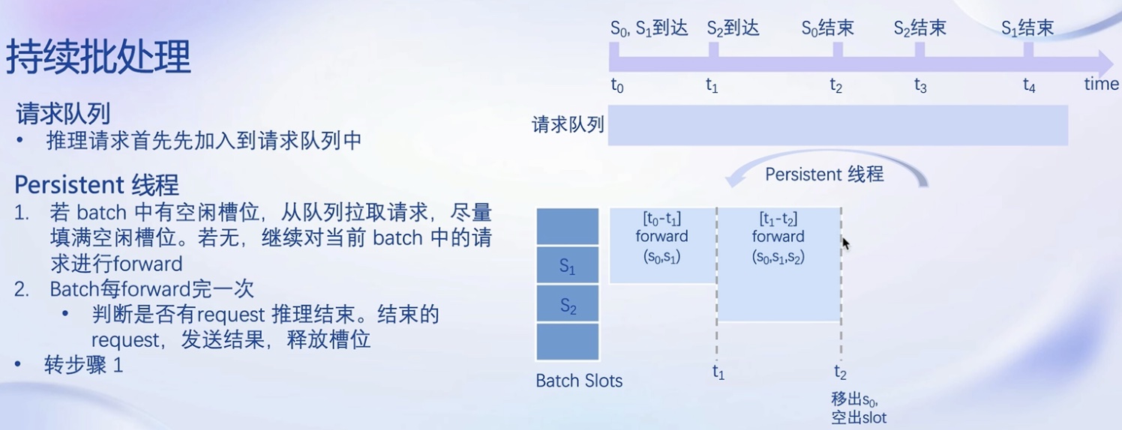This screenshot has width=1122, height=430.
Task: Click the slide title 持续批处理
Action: pyautogui.click(x=98, y=57)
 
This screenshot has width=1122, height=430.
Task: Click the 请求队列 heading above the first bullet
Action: pyautogui.click(x=63, y=114)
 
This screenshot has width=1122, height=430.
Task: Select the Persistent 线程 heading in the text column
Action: pyautogui.click(x=96, y=185)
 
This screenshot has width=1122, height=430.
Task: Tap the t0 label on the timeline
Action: pyautogui.click(x=617, y=86)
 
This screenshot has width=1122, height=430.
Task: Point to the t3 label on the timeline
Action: pyautogui.click(x=920, y=86)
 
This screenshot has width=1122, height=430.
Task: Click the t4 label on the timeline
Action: pyautogui.click(x=1029, y=86)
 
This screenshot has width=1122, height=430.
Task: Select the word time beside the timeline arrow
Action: pyautogui.click(x=1101, y=84)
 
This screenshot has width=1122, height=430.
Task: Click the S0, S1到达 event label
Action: pyautogui.click(x=649, y=28)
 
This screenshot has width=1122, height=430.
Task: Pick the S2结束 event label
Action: pyautogui.click(x=920, y=28)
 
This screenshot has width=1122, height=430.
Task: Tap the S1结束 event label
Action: pyautogui.click(x=1027, y=28)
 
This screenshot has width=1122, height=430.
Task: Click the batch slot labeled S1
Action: pyautogui.click(x=568, y=265)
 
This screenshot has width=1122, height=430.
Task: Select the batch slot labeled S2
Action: pyautogui.click(x=568, y=303)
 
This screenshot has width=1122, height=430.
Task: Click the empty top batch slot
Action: pyautogui.click(x=568, y=226)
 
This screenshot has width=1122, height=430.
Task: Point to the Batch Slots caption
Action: pyautogui.click(x=579, y=381)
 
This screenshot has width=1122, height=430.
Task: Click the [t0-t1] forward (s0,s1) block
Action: pyautogui.click(x=663, y=246)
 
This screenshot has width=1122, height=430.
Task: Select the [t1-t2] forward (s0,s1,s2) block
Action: pyautogui.click(x=779, y=264)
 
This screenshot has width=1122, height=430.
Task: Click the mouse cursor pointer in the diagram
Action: pyautogui.click(x=846, y=243)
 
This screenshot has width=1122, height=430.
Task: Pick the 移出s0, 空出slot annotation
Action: pyautogui.click(x=859, y=408)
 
